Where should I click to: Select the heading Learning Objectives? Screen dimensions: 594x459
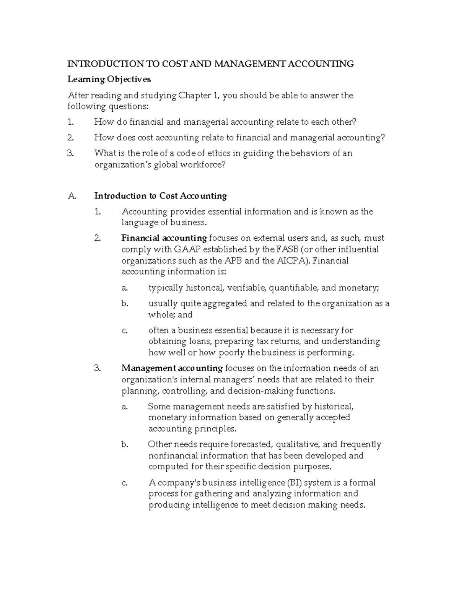coord(109,80)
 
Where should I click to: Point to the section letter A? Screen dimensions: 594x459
coord(72,196)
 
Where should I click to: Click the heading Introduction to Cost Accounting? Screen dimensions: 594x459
coord(161,196)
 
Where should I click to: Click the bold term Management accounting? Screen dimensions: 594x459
coord(172,368)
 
